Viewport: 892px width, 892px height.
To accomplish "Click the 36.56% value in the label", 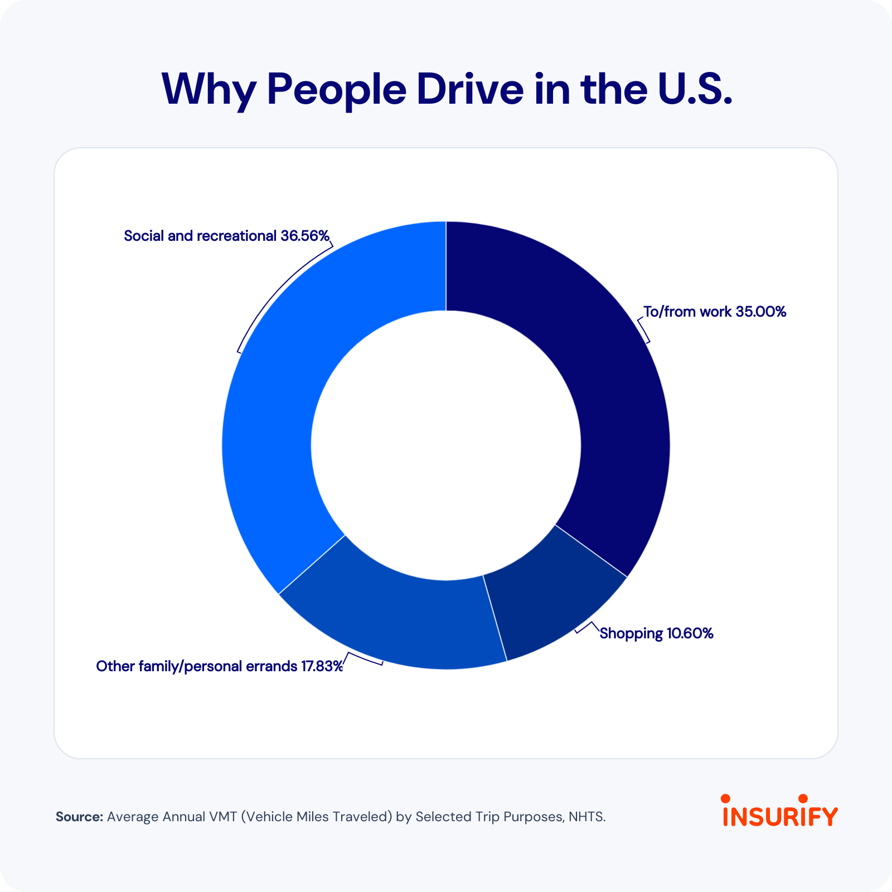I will pyautogui.click(x=305, y=236).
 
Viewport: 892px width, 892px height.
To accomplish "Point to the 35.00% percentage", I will pyautogui.click(x=760, y=312).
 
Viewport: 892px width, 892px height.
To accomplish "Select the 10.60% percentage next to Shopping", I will pyautogui.click(x=690, y=633).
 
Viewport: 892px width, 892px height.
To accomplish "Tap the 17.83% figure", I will pyautogui.click(x=322, y=666).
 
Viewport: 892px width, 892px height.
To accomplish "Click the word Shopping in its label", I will pyautogui.click(x=631, y=634).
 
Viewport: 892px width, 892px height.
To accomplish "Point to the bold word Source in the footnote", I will pyautogui.click(x=79, y=817).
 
